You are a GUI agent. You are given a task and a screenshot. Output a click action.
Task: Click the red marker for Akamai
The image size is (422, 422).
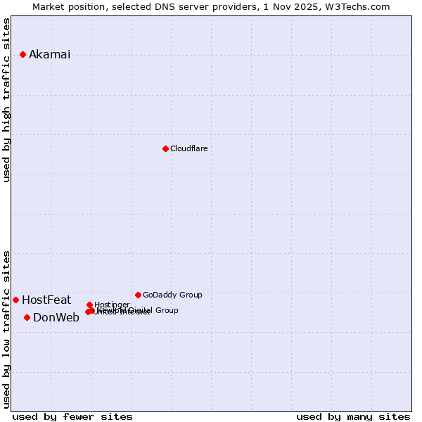coord(23,54)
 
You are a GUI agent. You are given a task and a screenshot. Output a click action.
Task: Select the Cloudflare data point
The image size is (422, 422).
coord(165,148)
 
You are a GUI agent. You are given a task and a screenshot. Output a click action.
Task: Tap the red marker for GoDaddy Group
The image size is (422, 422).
coord(138,295)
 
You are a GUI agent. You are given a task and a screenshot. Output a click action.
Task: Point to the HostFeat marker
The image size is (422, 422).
coord(15,300)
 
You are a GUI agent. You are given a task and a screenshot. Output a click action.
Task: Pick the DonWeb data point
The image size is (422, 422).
coord(27,317)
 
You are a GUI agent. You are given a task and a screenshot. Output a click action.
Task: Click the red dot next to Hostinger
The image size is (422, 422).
coord(89,305)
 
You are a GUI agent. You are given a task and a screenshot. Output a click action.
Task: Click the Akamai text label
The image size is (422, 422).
coord(49,55)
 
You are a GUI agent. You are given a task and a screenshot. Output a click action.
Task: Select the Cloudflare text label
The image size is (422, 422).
coord(188,148)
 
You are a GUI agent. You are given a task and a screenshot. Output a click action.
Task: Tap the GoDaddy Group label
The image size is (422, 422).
coord(172,295)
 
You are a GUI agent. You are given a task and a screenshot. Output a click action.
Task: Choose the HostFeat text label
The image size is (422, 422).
coord(46,300)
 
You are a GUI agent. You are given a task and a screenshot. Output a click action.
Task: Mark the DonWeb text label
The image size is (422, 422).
coord(56,318)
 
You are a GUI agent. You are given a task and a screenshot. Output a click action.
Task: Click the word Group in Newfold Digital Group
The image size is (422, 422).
coord(166,310)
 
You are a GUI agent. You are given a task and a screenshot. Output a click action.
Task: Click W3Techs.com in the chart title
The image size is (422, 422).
coord(361,6)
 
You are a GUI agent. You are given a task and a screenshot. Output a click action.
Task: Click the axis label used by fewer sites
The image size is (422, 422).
coord(72,417)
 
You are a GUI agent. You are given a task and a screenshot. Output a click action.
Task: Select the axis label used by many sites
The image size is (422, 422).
coord(353,417)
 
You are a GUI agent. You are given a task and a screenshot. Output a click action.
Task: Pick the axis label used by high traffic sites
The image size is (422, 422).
coord(7,100)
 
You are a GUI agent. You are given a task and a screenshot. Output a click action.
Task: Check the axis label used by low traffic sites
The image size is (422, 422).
coord(7,329)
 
